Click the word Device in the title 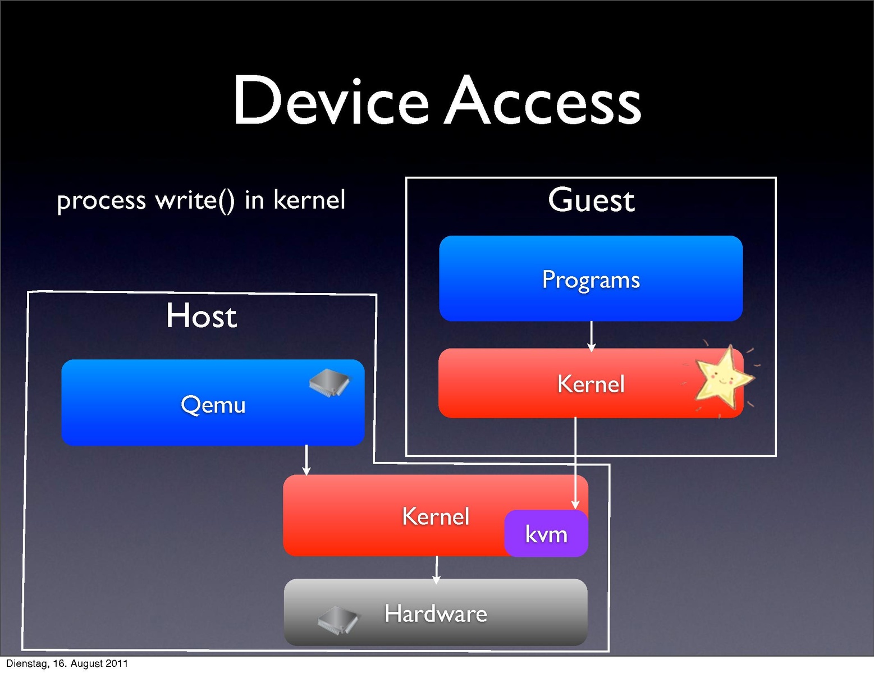(331, 102)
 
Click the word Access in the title (543, 102)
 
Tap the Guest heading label (591, 200)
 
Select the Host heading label (202, 315)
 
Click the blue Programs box (591, 279)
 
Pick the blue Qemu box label (213, 405)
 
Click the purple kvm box (546, 534)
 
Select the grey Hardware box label (436, 614)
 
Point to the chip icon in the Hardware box (338, 619)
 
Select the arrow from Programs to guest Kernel (591, 336)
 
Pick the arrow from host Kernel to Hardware (436, 569)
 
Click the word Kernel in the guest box (591, 384)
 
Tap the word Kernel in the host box (436, 516)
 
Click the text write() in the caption (195, 200)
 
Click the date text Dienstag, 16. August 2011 (67, 663)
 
